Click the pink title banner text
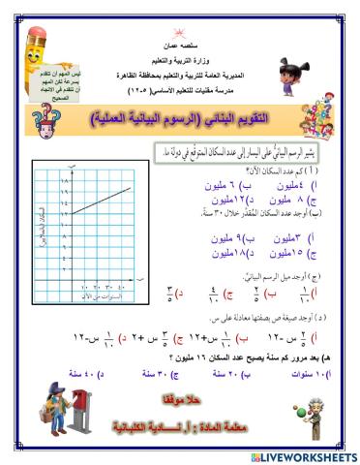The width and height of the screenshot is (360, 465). point(184,119)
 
